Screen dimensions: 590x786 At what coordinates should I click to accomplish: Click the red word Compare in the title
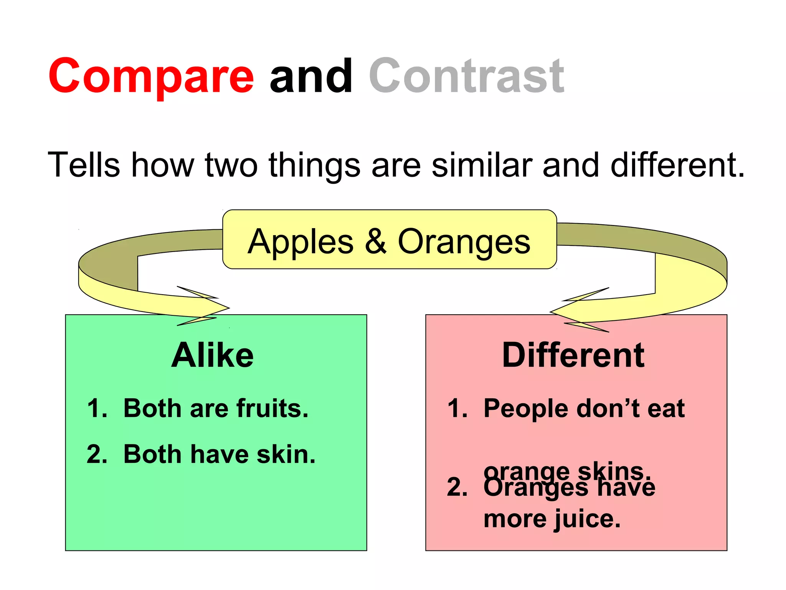151,76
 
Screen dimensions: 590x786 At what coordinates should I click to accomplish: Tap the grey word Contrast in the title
466,76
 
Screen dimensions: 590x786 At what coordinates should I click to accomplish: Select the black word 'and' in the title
311,76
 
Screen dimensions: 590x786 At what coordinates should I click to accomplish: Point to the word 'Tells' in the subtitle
84,165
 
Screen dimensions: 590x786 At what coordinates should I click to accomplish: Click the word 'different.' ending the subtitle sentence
677,165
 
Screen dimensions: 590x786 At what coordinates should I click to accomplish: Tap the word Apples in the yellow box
301,242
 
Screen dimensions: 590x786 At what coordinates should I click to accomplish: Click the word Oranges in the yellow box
464,242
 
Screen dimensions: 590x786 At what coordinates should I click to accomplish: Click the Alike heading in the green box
212,355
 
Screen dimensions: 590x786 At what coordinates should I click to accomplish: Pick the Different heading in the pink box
573,355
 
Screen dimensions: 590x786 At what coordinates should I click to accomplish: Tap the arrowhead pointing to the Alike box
207,307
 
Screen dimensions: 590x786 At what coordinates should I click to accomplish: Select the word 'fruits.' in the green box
272,408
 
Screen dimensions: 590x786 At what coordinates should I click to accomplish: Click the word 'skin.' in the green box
286,454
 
